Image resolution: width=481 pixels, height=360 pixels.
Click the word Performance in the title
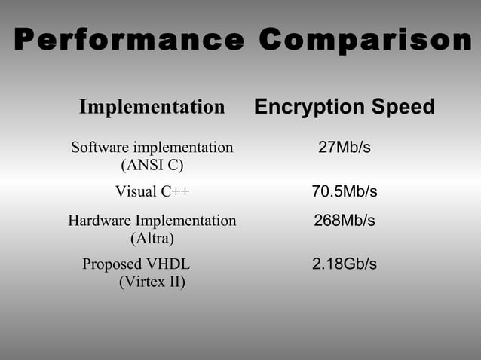tap(128, 40)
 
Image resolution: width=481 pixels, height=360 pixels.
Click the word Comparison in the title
tap(365, 40)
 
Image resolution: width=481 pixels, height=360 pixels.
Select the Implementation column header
tap(152, 107)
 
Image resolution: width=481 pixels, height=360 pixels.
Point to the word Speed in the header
tap(401, 107)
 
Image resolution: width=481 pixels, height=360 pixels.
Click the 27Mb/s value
tap(345, 147)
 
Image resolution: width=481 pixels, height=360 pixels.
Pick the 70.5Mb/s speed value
tap(345, 191)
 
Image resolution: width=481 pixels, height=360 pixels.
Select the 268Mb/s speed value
tap(345, 221)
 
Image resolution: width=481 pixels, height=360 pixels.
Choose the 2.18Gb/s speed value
tap(345, 264)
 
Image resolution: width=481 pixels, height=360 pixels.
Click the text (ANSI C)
tap(152, 164)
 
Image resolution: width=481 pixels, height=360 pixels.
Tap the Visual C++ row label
tap(152, 191)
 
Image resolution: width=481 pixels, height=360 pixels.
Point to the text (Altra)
tap(152, 239)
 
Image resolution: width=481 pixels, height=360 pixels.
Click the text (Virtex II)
tap(152, 282)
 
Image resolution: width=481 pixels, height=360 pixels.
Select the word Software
tap(99, 147)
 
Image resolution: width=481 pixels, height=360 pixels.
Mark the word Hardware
tap(99, 221)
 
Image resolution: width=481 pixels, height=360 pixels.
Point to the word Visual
tap(136, 191)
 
